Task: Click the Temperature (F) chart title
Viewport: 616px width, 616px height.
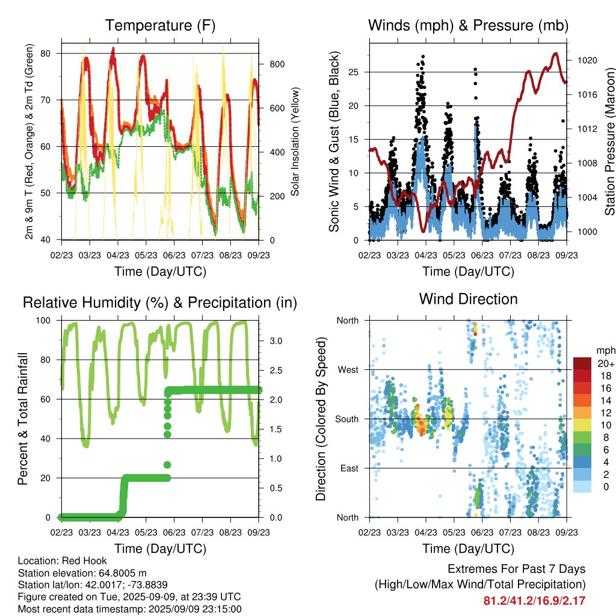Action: (160, 25)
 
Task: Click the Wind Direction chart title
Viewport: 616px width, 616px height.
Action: (468, 299)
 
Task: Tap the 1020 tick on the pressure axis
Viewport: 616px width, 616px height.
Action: (587, 61)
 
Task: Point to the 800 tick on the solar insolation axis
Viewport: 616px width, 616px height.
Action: (277, 64)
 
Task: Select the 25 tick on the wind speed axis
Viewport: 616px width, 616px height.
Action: (354, 72)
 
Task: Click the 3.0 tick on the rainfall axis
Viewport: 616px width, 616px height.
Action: (276, 341)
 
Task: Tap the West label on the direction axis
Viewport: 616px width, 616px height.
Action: (348, 370)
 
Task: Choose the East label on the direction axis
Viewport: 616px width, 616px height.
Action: (350, 468)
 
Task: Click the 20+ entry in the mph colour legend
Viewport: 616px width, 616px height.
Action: (606, 364)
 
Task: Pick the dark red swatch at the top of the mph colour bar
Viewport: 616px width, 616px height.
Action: (582, 363)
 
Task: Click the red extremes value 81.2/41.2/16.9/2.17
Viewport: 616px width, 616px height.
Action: (534, 601)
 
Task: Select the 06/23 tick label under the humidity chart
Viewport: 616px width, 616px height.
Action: (174, 532)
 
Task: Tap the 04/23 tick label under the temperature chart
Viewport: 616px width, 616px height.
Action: (118, 255)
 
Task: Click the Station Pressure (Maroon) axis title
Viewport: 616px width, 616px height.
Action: (610, 141)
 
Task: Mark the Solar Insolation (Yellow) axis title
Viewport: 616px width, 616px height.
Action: (295, 141)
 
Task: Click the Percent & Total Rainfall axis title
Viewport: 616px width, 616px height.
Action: (23, 419)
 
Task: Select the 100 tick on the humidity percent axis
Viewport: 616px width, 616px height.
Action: (43, 321)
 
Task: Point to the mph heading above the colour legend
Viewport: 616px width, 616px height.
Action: (606, 351)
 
